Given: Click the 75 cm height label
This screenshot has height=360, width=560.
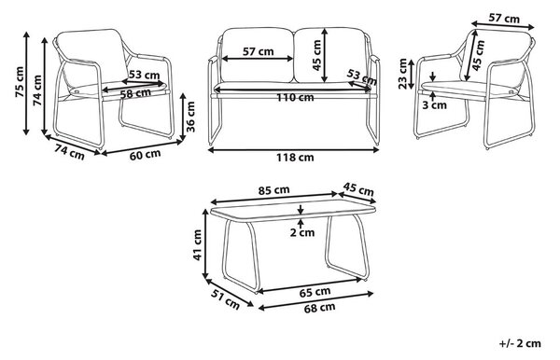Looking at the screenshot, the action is click(x=20, y=82).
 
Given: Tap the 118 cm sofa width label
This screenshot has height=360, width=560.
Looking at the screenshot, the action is click(x=295, y=157).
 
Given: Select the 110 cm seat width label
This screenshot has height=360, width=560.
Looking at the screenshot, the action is click(x=295, y=97).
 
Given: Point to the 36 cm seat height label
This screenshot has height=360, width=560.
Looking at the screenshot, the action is click(x=190, y=117).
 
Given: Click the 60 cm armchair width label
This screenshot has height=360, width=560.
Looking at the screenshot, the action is click(x=145, y=155).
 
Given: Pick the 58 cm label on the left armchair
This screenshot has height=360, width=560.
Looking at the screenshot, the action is click(x=135, y=93).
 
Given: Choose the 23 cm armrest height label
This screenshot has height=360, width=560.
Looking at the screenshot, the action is click(x=402, y=73).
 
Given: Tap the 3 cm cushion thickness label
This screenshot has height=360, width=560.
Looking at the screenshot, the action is click(x=434, y=105).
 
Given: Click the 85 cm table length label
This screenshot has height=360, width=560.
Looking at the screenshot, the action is click(x=273, y=190).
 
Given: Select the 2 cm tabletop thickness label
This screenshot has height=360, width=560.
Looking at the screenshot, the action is click(x=302, y=232).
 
